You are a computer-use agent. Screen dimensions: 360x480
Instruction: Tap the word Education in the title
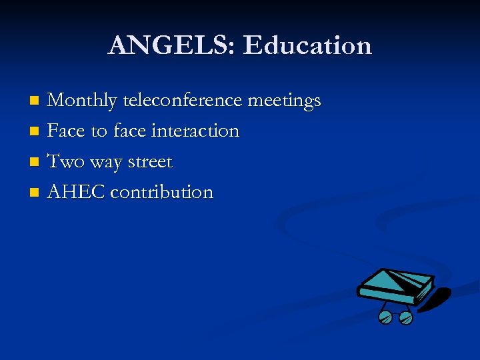coord(307,45)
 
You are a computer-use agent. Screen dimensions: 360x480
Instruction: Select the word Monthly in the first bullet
coord(83,101)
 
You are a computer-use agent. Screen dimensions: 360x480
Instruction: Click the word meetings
coord(284,101)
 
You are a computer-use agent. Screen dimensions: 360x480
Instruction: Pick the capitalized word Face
coord(66,131)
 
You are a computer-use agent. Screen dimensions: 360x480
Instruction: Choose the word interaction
coord(195,131)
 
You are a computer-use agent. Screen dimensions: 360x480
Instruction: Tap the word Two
coord(65,161)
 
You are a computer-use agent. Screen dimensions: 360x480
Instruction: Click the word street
coord(150,161)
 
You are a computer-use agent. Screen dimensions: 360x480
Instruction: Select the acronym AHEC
coord(76,192)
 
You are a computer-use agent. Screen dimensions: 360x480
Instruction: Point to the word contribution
coord(161,192)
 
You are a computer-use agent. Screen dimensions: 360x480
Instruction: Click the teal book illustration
coord(395,285)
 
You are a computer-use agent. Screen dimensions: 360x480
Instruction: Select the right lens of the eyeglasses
coord(405,318)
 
